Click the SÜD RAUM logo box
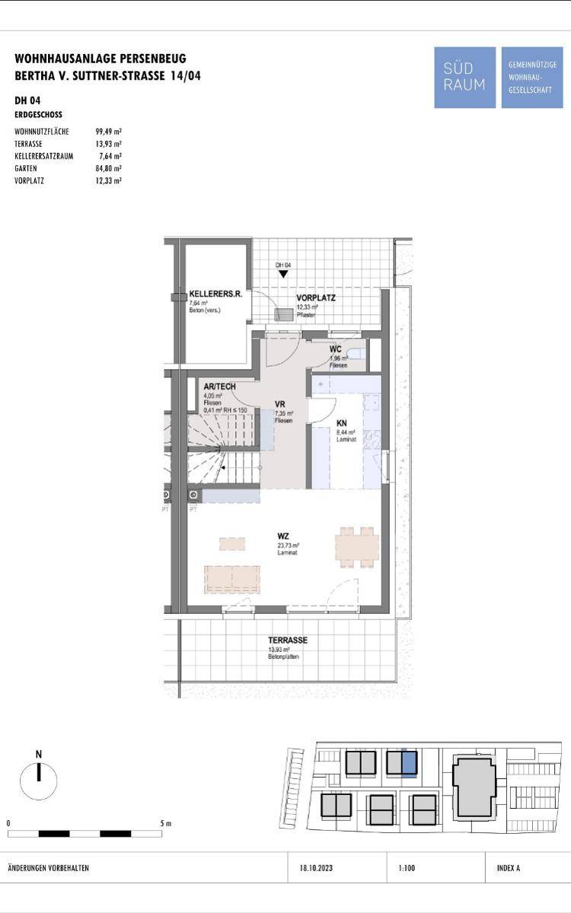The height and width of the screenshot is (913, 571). click(464, 78)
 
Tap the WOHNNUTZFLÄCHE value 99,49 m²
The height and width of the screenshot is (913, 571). click(108, 132)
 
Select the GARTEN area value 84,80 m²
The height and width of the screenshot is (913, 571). click(108, 168)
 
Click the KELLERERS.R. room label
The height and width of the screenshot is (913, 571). click(215, 294)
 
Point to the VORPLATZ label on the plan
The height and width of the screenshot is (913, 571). click(316, 297)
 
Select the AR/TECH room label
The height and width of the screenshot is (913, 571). click(219, 387)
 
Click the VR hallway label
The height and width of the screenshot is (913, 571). click(280, 405)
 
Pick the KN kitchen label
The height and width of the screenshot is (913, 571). click(343, 424)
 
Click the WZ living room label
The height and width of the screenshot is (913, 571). click(283, 536)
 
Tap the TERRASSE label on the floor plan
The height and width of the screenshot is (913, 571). click(287, 641)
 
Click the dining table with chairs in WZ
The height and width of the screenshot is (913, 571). click(357, 546)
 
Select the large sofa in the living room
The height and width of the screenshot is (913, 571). click(231, 578)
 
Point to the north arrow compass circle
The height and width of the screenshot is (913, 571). click(38, 781)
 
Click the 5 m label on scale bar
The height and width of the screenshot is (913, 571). click(166, 823)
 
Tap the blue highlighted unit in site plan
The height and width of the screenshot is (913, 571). click(409, 762)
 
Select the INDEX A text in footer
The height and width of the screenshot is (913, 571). click(508, 868)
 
